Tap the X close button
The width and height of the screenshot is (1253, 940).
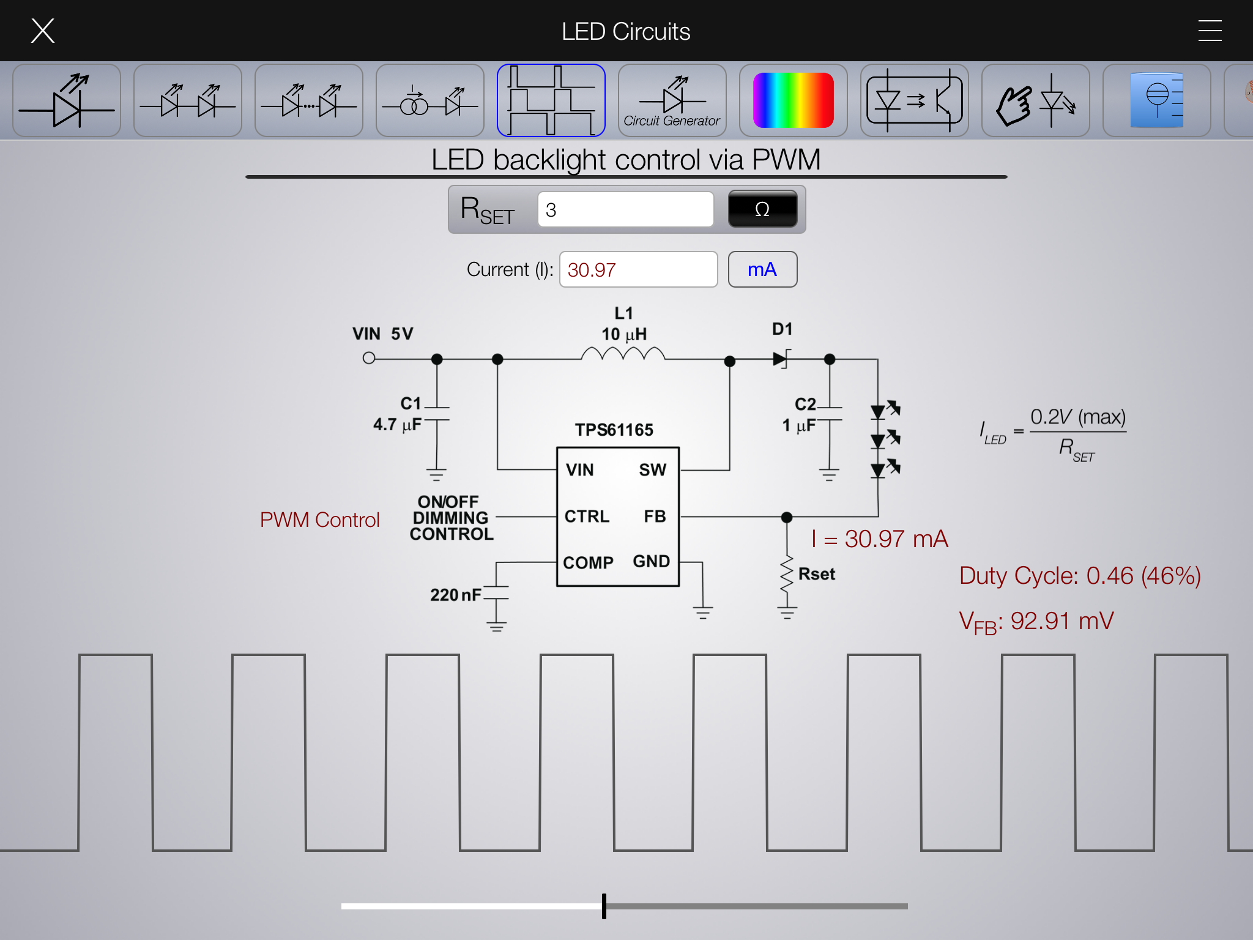43,31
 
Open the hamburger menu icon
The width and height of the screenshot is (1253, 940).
1210,31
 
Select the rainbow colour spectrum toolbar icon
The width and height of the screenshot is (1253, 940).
793,100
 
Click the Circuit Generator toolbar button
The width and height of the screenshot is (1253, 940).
672,100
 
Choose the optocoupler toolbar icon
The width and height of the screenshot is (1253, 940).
914,100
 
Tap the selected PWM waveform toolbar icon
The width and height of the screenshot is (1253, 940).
551,100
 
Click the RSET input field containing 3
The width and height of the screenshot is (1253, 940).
625,210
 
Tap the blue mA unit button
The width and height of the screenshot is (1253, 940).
762,269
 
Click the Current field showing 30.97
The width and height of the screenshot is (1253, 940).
638,269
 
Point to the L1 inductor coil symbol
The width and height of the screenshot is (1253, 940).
623,354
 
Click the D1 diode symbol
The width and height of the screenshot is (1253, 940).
781,359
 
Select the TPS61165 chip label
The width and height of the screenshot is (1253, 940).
614,430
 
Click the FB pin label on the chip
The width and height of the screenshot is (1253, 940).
655,517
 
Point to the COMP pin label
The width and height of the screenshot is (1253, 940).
588,562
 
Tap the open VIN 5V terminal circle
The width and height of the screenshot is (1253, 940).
369,358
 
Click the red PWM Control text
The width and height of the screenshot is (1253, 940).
319,520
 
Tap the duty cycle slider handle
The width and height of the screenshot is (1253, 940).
604,906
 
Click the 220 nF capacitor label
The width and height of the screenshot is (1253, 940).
455,595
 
